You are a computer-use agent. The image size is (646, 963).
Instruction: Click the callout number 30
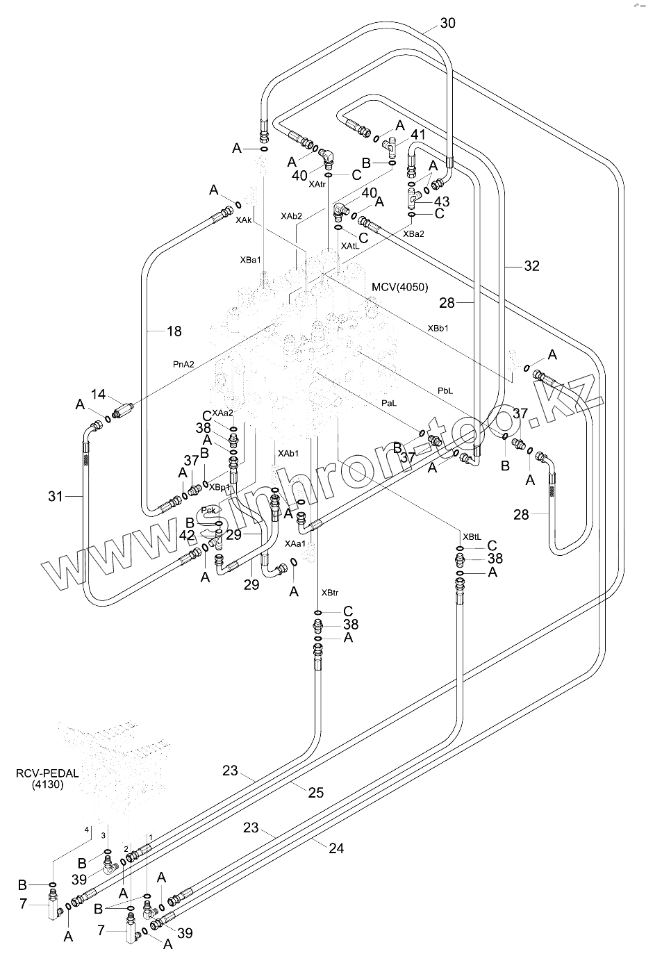tap(448, 23)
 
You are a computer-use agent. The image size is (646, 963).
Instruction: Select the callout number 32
tap(531, 265)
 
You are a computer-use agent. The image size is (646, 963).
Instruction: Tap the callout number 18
tap(174, 331)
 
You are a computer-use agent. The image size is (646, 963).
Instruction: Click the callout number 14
tap(98, 395)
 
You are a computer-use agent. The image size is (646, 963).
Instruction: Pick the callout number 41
tap(417, 135)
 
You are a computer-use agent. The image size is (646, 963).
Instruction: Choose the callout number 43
tap(442, 201)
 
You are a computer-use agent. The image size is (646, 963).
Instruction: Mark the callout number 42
tap(187, 536)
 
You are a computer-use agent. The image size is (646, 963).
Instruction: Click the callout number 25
tap(315, 793)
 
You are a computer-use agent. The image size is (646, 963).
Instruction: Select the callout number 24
tap(336, 848)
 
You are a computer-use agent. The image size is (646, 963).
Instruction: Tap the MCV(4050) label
tap(400, 287)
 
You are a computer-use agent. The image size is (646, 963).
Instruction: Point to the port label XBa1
tap(250, 260)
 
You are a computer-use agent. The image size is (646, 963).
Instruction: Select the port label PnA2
tap(185, 363)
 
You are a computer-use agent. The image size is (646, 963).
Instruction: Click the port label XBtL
tap(472, 536)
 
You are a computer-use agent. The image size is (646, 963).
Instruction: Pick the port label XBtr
tap(329, 593)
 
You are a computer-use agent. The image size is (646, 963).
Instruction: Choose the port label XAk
tap(243, 220)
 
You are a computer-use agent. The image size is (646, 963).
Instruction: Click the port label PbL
tap(445, 390)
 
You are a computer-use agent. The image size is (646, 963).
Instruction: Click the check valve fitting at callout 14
tap(123, 412)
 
